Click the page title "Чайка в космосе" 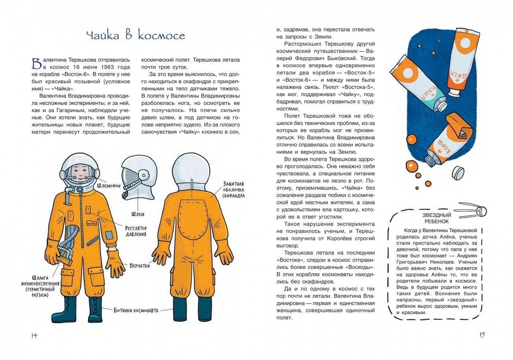(x=135, y=36)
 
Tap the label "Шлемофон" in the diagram (x=109, y=186)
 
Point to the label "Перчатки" (x=140, y=265)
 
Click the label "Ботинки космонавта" (x=136, y=311)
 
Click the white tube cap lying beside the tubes (x=458, y=173)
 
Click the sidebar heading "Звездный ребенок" (x=436, y=218)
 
